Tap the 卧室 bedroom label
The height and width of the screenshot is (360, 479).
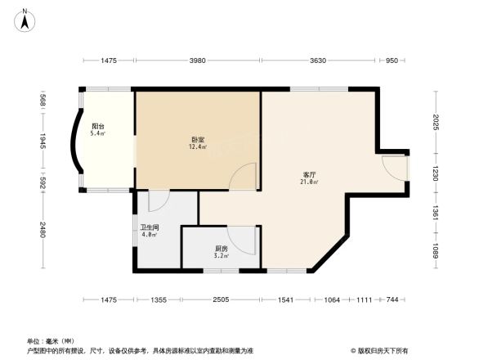[197, 140]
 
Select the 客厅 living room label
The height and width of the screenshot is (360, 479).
[310, 174]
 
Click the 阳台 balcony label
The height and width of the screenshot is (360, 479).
[97, 127]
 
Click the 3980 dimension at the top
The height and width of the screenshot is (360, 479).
[197, 61]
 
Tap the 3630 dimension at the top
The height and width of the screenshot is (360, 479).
[319, 61]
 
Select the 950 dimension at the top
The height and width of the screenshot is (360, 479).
[392, 61]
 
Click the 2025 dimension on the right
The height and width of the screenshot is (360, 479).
[436, 121]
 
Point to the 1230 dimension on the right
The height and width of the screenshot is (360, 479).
[436, 173]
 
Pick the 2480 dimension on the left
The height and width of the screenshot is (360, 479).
[42, 232]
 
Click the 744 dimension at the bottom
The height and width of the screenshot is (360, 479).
[392, 300]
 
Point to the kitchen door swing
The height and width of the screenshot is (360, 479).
[244, 239]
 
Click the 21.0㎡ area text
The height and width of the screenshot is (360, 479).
[310, 182]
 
